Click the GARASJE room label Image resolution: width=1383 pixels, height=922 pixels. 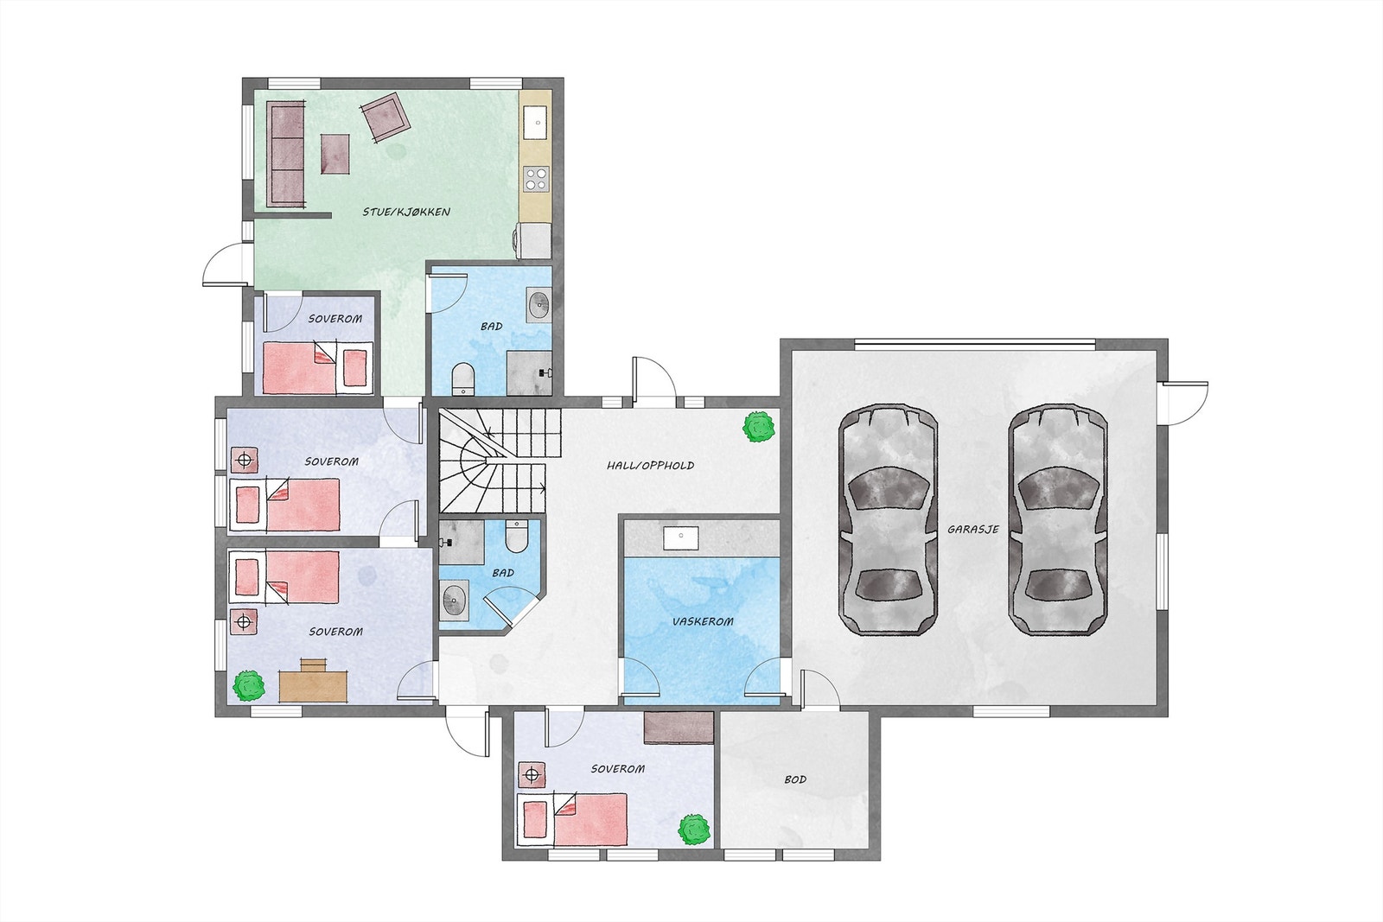pos(972,530)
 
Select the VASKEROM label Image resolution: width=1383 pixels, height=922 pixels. pos(703,621)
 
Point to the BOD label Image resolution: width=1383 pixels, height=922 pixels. pos(795,779)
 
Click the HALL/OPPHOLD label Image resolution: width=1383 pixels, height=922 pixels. pos(650,466)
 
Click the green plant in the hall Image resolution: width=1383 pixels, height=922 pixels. pos(759,428)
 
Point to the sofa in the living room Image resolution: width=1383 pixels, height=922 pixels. pos(286,154)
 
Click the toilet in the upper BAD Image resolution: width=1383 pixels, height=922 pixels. pos(463,378)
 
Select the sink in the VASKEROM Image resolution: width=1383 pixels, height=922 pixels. pos(682,537)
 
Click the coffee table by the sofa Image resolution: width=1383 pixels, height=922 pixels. pos(335,154)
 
